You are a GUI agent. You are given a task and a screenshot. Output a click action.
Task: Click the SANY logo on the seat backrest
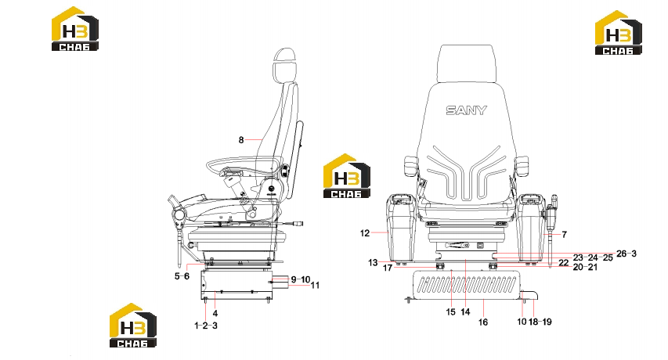tap(466, 110)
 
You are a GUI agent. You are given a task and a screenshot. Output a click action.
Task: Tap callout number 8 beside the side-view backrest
tap(241, 140)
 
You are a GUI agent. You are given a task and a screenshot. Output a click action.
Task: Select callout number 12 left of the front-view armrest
tap(365, 233)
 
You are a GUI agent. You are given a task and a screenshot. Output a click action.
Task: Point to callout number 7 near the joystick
tap(565, 235)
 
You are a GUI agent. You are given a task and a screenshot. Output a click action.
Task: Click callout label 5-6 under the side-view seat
tap(182, 276)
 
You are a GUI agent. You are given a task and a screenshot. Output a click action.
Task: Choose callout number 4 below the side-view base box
tap(215, 313)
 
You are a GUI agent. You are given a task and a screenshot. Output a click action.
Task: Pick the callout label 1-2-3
tap(206, 326)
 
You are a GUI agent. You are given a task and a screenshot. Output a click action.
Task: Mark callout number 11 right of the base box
tap(315, 285)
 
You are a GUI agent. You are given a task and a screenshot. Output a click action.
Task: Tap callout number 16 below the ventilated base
tap(482, 322)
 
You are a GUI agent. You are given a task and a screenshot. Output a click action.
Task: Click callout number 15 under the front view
tap(451, 312)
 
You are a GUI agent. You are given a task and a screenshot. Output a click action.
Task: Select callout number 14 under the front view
tap(465, 312)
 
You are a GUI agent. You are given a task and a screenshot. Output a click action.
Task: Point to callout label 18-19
tap(540, 322)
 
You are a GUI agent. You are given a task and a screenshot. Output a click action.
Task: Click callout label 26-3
tap(626, 254)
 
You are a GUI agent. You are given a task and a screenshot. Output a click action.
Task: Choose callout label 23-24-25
tap(593, 257)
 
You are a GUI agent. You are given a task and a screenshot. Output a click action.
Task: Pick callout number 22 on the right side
tap(564, 262)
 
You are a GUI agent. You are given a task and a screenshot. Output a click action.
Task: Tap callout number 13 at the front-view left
tap(373, 262)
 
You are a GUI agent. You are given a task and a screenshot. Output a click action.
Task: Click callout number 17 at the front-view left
tap(388, 268)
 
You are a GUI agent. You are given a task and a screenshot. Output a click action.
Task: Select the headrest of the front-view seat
tap(467, 63)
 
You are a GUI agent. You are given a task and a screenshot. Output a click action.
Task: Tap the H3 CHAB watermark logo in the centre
tap(347, 176)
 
